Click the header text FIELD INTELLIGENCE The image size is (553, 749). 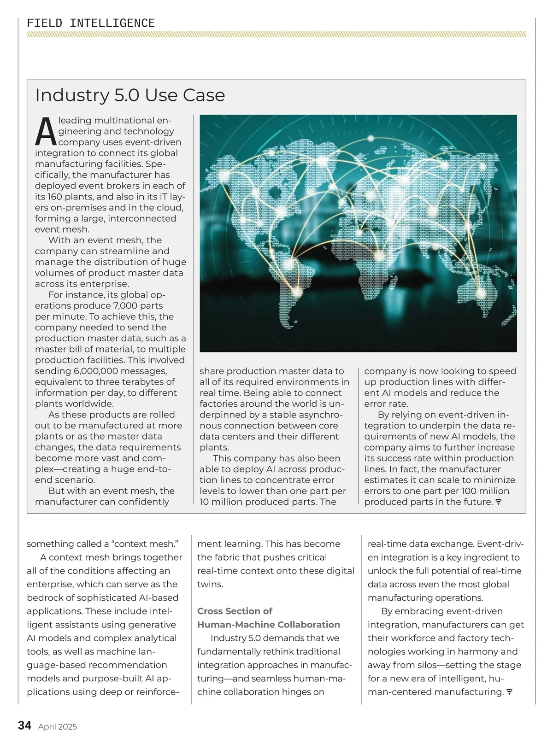click(x=91, y=23)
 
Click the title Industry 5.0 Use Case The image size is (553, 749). click(x=130, y=95)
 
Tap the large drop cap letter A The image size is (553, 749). click(x=46, y=131)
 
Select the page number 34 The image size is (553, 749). click(x=24, y=726)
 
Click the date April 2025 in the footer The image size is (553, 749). click(x=58, y=727)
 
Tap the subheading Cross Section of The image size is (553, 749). click(x=235, y=611)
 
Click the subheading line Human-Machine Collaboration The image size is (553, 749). click(x=269, y=625)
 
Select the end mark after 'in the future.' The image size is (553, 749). click(x=498, y=502)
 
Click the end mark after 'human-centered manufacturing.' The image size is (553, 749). click(x=510, y=692)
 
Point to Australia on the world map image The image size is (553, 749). click(x=479, y=295)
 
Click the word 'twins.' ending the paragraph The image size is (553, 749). click(x=210, y=584)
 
